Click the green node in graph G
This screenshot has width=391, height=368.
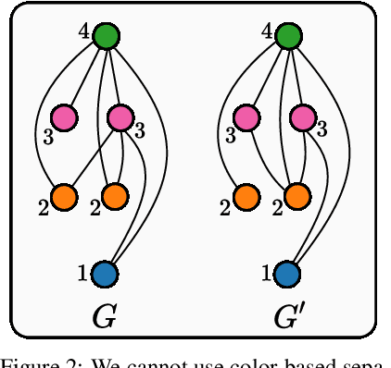(x=107, y=37)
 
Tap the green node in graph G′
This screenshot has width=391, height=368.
(x=288, y=37)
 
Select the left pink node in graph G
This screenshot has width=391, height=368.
(x=64, y=117)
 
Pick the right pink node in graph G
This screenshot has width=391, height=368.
(x=120, y=117)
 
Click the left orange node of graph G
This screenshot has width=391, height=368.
(x=64, y=196)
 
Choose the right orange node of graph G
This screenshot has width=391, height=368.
(x=114, y=196)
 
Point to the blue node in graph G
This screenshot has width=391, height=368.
(x=105, y=274)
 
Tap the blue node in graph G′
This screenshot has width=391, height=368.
(x=287, y=274)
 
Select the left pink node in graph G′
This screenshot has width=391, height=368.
(x=246, y=117)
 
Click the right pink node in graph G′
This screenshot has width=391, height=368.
(x=302, y=117)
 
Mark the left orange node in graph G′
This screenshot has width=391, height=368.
(x=246, y=196)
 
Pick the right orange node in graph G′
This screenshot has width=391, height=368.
(x=296, y=196)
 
